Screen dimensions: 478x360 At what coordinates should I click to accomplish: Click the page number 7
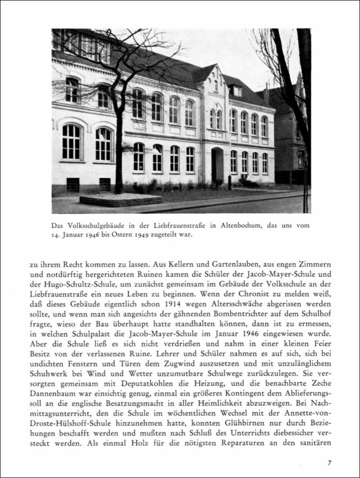(x=329, y=463)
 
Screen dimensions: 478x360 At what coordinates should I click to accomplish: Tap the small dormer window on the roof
(x=237, y=91)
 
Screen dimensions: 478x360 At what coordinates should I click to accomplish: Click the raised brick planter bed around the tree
(x=120, y=199)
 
